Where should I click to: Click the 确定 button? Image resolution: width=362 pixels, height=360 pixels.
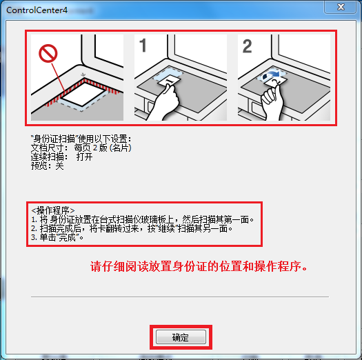point(181,337)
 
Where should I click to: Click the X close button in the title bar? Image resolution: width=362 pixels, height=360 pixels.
point(341,7)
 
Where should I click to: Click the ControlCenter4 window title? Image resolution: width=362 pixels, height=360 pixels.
point(37,10)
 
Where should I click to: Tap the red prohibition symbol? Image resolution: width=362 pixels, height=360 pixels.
point(48,54)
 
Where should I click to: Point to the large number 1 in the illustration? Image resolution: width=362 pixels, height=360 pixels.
point(143,46)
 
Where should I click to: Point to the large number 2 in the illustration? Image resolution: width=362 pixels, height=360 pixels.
point(247,46)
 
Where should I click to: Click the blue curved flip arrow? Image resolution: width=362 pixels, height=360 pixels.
point(272,75)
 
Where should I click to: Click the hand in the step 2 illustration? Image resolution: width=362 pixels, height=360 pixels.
point(272,101)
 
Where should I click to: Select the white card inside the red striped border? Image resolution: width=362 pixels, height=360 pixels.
point(83,94)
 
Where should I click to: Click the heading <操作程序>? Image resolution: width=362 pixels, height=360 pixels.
point(53,210)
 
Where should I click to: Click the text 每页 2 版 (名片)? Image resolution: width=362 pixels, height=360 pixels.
point(103,148)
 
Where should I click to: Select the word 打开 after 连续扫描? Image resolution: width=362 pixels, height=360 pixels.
point(85,157)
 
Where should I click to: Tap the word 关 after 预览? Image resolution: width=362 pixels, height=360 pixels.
point(59,166)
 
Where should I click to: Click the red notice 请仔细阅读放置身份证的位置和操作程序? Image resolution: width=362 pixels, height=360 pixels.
point(199,266)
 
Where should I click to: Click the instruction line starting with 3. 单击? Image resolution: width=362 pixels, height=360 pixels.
point(57,237)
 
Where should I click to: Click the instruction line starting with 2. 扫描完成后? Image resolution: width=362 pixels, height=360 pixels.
point(132,228)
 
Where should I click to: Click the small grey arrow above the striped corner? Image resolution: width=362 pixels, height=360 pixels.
point(83,74)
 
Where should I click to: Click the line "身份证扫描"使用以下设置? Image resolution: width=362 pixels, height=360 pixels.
point(81,139)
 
